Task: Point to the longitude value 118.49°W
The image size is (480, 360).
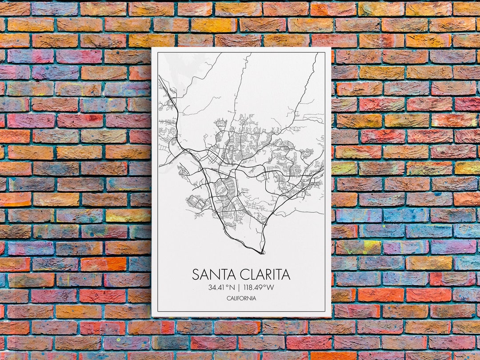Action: click(x=259, y=288)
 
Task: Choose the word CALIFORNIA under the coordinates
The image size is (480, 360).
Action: click(x=241, y=298)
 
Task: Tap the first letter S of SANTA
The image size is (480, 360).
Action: click(x=196, y=275)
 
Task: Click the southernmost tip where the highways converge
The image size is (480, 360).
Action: click(x=262, y=253)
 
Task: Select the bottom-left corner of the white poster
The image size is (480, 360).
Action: click(x=152, y=316)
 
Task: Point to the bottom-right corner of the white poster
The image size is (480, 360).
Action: click(x=331, y=316)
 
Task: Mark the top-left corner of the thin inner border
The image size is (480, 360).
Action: click(x=158, y=53)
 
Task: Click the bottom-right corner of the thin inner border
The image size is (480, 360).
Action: click(x=325, y=312)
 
